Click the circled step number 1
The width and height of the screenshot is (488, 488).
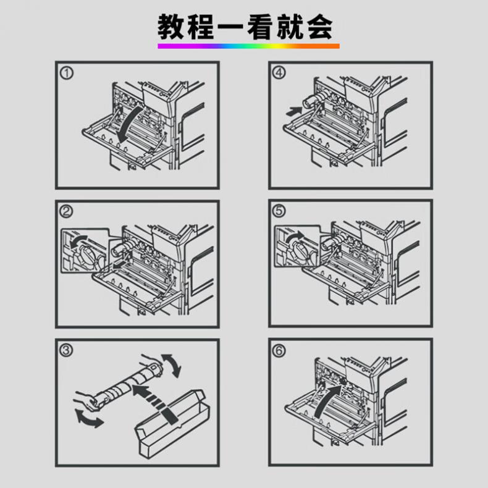point(67,74)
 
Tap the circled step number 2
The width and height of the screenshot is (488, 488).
point(67,212)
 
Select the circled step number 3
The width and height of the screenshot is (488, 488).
point(67,351)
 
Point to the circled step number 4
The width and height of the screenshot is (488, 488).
point(280,74)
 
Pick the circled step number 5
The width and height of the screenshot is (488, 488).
point(280,212)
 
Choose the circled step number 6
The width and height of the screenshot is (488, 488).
point(280,351)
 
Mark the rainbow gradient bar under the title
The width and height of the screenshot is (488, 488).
point(248,46)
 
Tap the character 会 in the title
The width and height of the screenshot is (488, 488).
point(320,26)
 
